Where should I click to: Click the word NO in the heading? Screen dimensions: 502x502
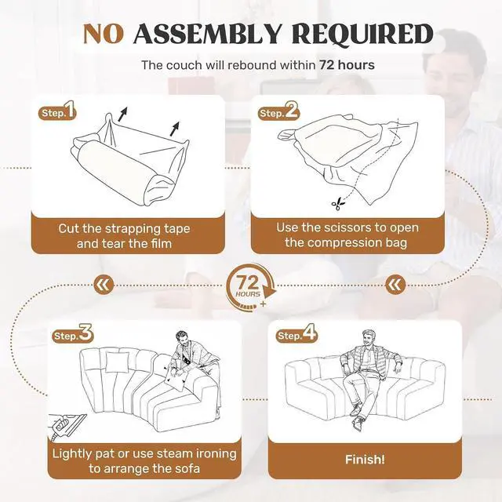tap(103, 34)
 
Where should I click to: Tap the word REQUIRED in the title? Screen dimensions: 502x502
tap(362, 34)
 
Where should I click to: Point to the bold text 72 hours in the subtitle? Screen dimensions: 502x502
tap(347, 65)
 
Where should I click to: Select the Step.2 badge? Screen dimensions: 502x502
tap(278, 111)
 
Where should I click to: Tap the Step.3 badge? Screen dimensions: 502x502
tap(72, 334)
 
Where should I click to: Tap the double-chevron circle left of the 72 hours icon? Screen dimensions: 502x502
tap(104, 284)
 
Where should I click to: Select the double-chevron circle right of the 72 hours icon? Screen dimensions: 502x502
tap(395, 284)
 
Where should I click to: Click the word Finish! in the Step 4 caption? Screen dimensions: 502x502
tap(365, 460)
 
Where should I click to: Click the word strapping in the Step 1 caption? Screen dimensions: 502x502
tap(133, 229)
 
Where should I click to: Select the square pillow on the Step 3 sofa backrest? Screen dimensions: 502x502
tap(118, 362)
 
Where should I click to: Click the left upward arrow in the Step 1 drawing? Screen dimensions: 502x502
tap(122, 115)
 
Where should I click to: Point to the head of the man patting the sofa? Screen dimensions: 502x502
tap(181, 339)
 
